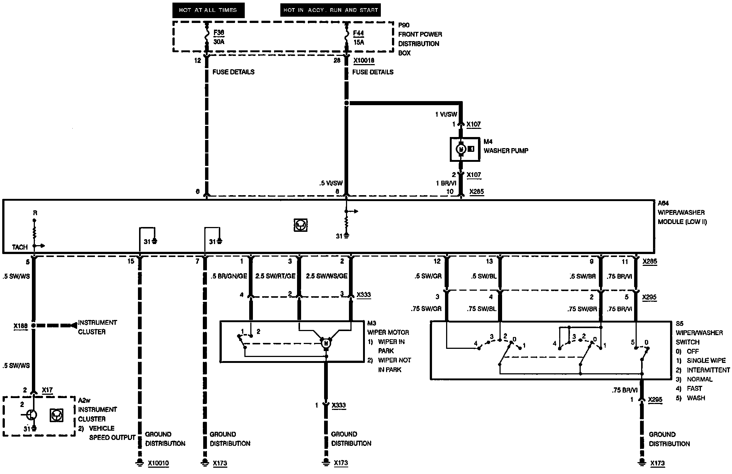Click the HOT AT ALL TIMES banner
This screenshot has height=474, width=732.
[208, 10]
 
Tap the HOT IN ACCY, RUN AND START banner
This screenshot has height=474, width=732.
[330, 10]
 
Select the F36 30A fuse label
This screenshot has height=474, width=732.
[219, 37]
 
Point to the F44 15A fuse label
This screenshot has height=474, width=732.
[358, 37]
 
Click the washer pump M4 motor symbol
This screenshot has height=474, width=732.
[461, 149]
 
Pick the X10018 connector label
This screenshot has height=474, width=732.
[364, 60]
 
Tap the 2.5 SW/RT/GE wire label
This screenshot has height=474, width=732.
[275, 276]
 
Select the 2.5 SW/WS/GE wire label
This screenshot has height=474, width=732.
[326, 276]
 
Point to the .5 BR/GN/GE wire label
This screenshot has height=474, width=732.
[229, 276]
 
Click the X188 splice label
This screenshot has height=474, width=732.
[21, 326]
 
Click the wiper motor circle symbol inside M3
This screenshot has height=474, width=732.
[326, 343]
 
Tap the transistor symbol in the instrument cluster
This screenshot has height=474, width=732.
[32, 414]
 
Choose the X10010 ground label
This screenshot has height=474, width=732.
[158, 463]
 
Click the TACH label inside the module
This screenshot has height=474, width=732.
[20, 247]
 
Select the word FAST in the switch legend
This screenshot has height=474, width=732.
[694, 388]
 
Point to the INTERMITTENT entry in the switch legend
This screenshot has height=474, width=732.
[708, 370]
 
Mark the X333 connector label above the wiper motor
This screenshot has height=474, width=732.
[363, 295]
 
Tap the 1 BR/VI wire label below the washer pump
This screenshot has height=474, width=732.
[446, 183]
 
